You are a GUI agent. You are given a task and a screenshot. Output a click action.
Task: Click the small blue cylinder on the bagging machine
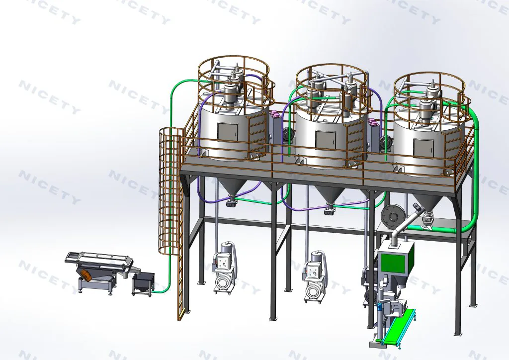tap(378, 307)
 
